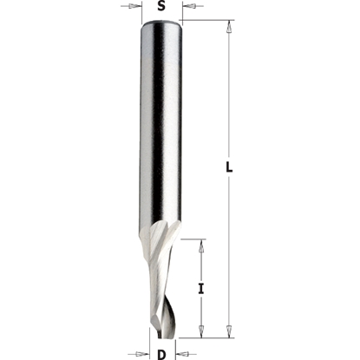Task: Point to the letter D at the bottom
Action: [x=161, y=353]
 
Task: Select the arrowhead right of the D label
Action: [x=182, y=353]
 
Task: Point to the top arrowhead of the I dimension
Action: [x=201, y=244]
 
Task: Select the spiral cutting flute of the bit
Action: [x=162, y=278]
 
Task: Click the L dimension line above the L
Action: [x=228, y=95]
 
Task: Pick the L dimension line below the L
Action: [x=228, y=252]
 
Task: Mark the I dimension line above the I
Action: [x=201, y=260]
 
